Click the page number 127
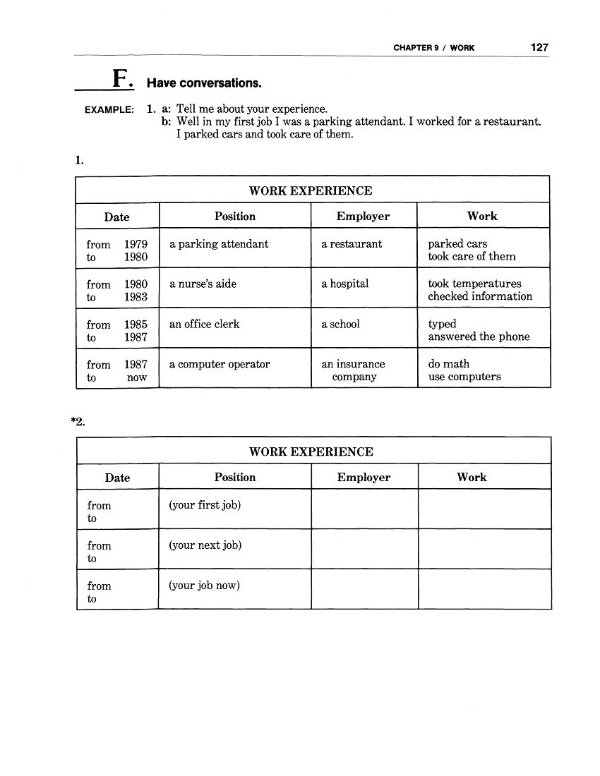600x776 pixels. [539, 47]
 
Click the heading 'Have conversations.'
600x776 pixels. [204, 83]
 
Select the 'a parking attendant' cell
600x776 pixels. [219, 244]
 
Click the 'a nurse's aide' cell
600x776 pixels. [203, 284]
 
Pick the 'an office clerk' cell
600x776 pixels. [205, 324]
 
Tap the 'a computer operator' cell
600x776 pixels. [220, 364]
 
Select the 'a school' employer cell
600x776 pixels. [340, 324]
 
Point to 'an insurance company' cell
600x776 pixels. [354, 370]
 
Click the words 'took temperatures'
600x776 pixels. [474, 284]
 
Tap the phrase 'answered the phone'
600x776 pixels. [479, 337]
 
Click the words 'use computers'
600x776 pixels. [464, 377]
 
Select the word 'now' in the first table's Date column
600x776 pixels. [137, 377]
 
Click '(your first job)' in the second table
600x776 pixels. [205, 505]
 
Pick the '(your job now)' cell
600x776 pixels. [204, 585]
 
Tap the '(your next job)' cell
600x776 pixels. [205, 545]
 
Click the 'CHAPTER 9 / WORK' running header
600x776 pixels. [433, 48]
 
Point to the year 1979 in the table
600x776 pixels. [136, 245]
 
